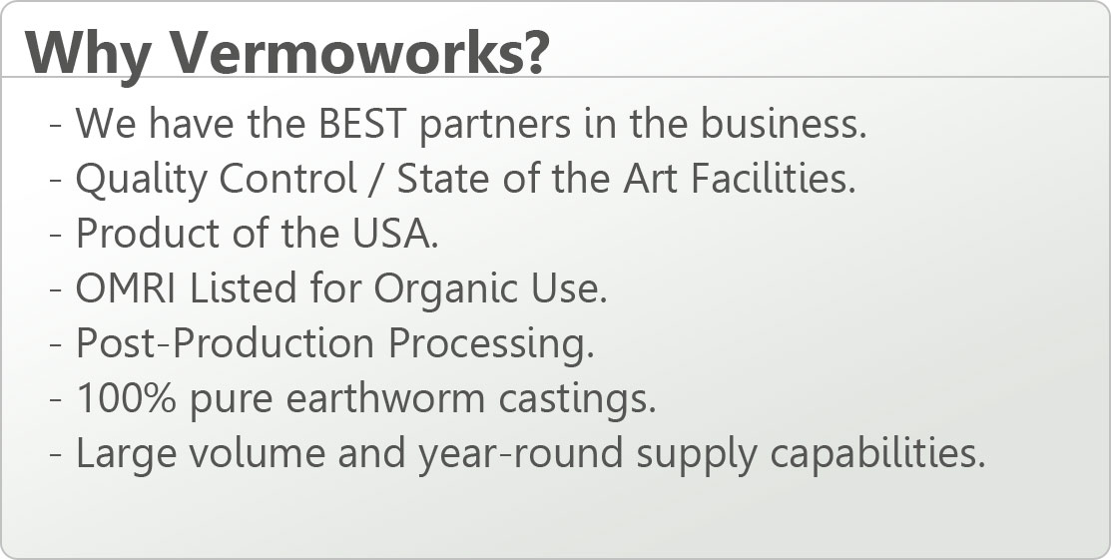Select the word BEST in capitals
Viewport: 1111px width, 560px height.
pyautogui.click(x=361, y=123)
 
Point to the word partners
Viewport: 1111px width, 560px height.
pyautogui.click(x=495, y=126)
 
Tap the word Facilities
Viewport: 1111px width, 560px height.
pyautogui.click(x=773, y=178)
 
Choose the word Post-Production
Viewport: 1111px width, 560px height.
pyautogui.click(x=225, y=342)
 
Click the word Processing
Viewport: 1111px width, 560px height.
pyautogui.click(x=491, y=345)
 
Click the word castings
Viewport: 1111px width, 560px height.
pyautogui.click(x=578, y=400)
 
